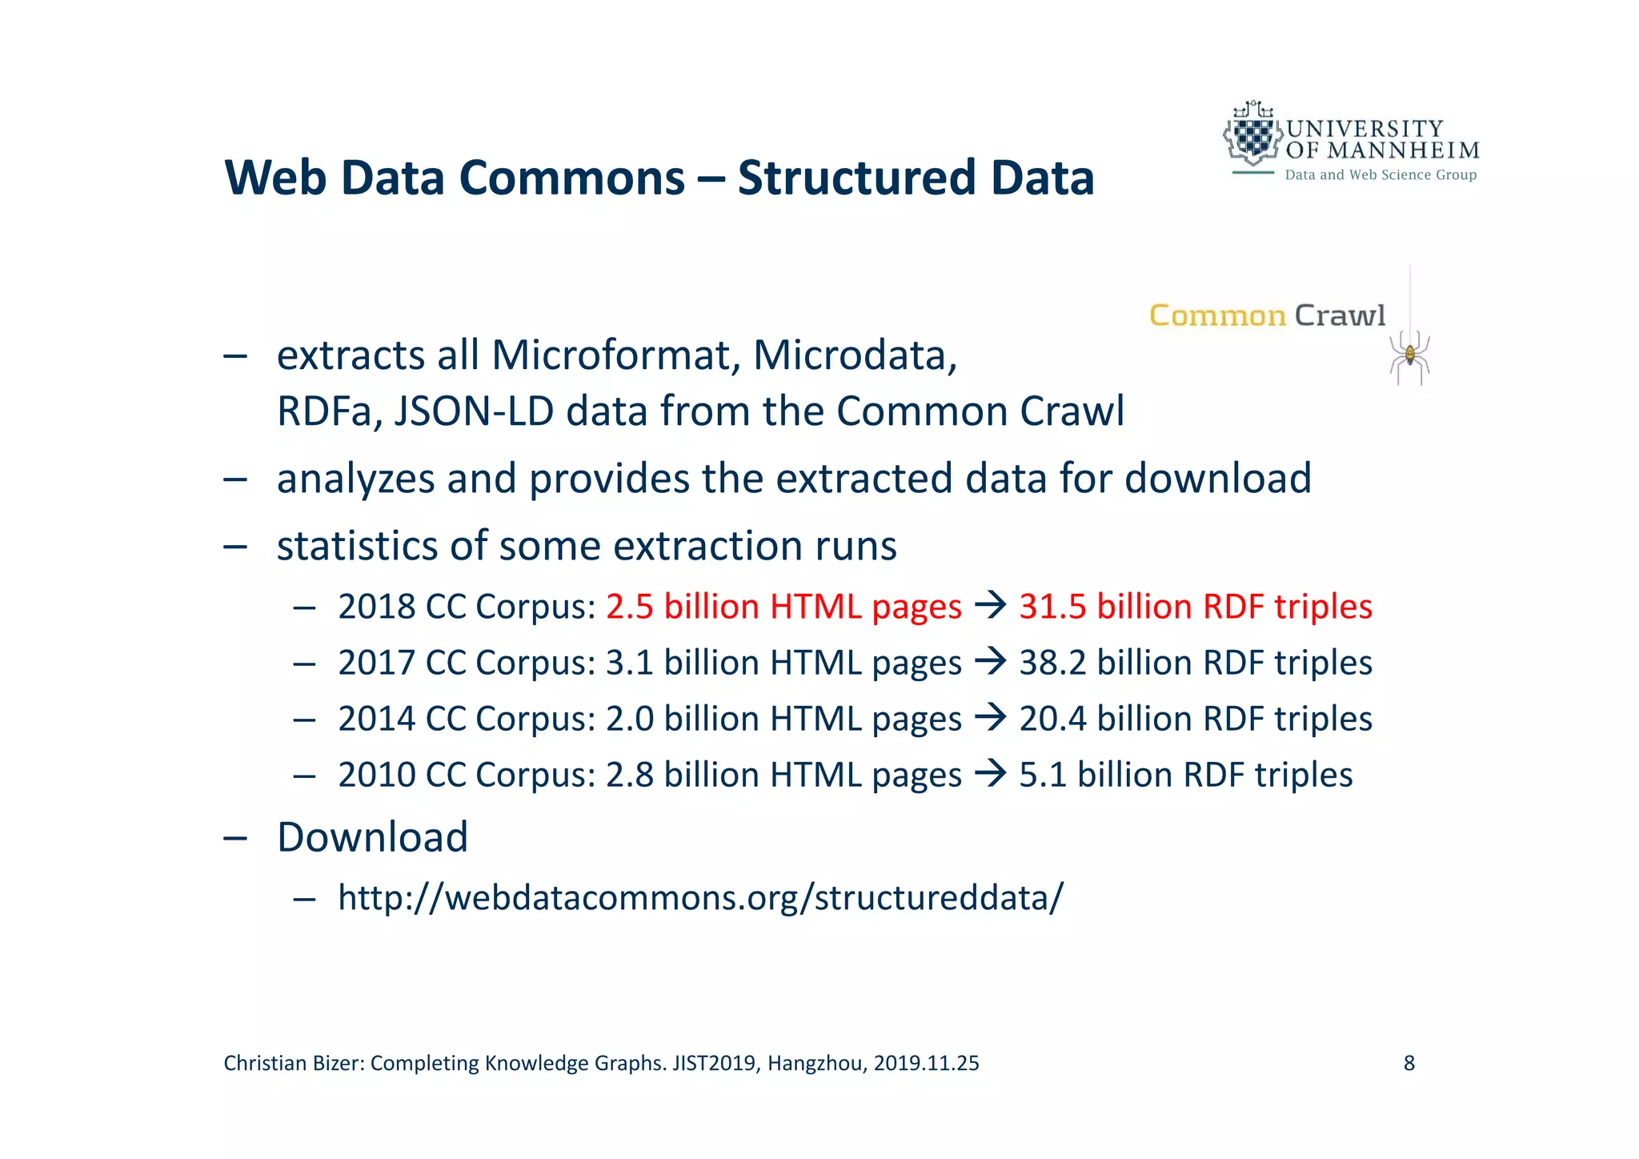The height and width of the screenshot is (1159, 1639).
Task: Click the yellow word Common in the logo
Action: point(1217,316)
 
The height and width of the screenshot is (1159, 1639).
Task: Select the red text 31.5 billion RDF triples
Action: point(1196,607)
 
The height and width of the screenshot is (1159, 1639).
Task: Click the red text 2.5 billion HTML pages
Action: point(783,607)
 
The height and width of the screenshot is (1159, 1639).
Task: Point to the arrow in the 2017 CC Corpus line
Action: point(990,662)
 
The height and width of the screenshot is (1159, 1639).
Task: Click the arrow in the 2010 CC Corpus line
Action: point(990,774)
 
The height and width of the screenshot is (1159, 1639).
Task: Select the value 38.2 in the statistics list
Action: point(1052,663)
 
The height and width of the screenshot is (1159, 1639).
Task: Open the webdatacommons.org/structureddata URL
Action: point(701,897)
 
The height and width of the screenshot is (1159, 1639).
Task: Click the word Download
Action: point(372,837)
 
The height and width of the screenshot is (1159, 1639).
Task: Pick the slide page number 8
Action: point(1409,1063)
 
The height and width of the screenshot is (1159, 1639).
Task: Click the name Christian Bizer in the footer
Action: point(294,1063)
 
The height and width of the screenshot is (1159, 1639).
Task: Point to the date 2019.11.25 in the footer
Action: point(926,1063)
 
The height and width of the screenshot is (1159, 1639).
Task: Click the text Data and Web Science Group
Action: point(1381,174)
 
